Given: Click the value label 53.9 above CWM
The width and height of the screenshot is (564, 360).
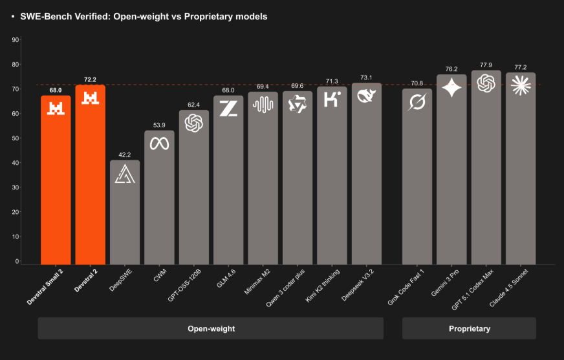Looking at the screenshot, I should (159, 125).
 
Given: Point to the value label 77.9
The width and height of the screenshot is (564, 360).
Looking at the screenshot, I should (486, 65).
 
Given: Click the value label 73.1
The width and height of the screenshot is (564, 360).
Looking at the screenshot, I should (366, 78).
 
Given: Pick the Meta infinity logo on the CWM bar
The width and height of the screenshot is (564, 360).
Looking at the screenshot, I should (159, 143).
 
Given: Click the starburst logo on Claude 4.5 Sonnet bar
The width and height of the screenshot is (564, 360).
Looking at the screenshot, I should (521, 85).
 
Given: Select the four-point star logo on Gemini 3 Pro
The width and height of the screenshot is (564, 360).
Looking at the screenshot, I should (451, 87).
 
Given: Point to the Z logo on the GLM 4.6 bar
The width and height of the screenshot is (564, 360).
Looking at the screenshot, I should (228, 108).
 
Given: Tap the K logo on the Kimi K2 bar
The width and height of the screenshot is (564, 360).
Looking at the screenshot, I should (332, 100).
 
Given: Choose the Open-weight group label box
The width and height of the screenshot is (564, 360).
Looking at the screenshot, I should (211, 328).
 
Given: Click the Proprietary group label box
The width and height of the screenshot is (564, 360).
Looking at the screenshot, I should (469, 328).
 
